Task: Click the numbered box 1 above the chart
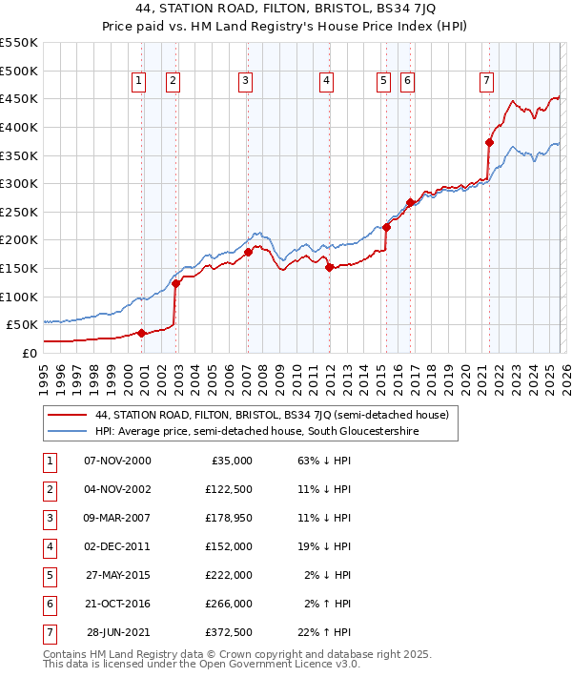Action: pyautogui.click(x=139, y=82)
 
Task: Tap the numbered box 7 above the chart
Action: pyautogui.click(x=486, y=82)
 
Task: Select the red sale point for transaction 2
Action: pyautogui.click(x=175, y=284)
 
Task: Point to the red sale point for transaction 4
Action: pyautogui.click(x=328, y=268)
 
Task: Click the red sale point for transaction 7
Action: pyautogui.click(x=489, y=143)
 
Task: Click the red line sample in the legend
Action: pyautogui.click(x=68, y=415)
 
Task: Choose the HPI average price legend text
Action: pyautogui.click(x=256, y=431)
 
